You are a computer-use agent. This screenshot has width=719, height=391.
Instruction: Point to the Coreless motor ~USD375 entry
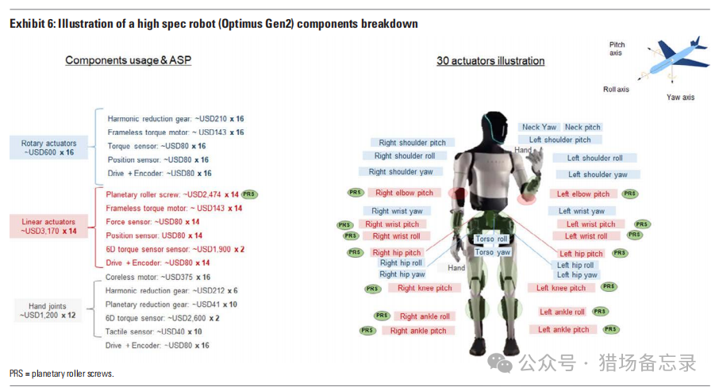pyautogui.click(x=157, y=277)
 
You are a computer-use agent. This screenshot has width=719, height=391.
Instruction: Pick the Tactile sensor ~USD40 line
pyautogui.click(x=154, y=332)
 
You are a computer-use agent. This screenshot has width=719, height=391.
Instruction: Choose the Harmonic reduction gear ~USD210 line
pyautogui.click(x=175, y=118)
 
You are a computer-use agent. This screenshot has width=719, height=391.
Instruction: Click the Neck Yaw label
pyautogui.click(x=540, y=127)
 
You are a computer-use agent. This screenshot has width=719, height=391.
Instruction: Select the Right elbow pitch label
pyautogui.click(x=404, y=193)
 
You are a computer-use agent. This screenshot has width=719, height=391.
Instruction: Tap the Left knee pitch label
pyautogui.click(x=561, y=288)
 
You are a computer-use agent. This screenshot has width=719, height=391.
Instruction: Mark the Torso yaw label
pyautogui.click(x=492, y=252)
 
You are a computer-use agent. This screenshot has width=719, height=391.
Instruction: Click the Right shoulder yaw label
pyautogui.click(x=400, y=171)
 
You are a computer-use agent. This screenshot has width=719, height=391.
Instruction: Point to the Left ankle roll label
pyautogui.click(x=562, y=312)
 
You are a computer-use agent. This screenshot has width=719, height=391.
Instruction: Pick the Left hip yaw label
pyautogui.click(x=577, y=275)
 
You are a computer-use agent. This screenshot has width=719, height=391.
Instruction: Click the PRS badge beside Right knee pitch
pyautogui.click(x=373, y=289)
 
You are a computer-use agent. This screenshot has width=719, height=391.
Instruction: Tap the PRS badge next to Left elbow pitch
pyautogui.click(x=630, y=194)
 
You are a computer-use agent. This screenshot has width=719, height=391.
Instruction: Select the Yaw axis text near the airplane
pyautogui.click(x=680, y=98)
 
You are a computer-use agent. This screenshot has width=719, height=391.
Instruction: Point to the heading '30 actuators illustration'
pyautogui.click(x=490, y=61)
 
